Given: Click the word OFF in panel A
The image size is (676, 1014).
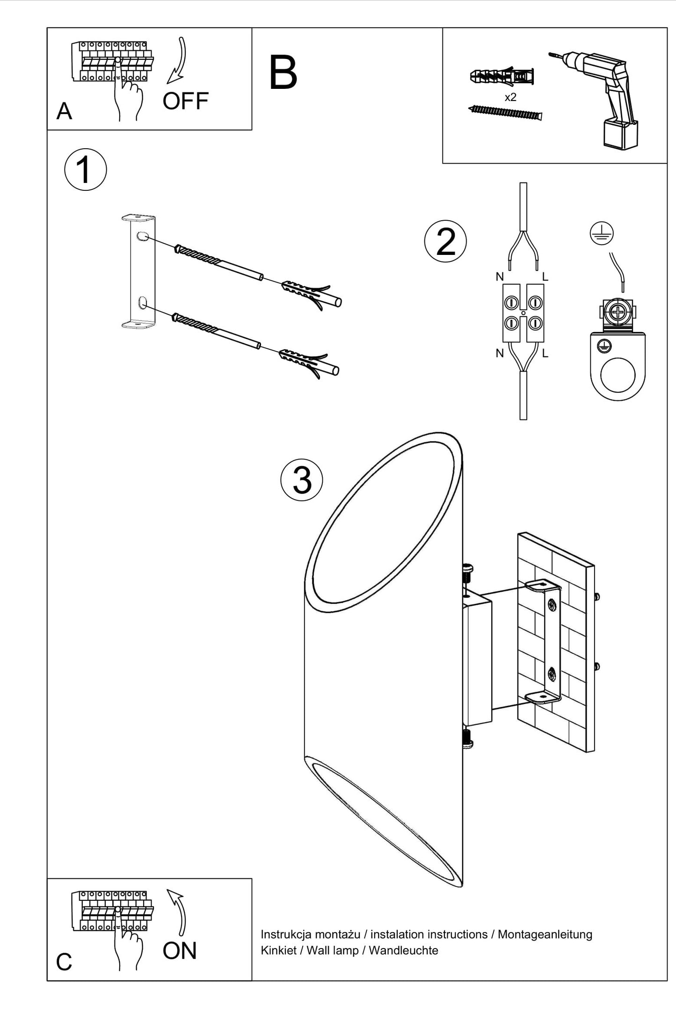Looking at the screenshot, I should pyautogui.click(x=185, y=101).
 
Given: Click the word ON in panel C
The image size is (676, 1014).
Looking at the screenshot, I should pyautogui.click(x=180, y=951).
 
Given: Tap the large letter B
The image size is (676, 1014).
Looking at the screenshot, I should pyautogui.click(x=283, y=73).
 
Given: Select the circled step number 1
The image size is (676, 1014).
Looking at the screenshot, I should pyautogui.click(x=85, y=170).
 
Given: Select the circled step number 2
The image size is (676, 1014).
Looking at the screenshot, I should pyautogui.click(x=445, y=241).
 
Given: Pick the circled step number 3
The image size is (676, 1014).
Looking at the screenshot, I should pyautogui.click(x=302, y=480).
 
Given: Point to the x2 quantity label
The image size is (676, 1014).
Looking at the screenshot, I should pyautogui.click(x=510, y=97).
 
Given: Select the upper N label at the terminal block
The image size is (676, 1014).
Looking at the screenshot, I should pyautogui.click(x=500, y=277).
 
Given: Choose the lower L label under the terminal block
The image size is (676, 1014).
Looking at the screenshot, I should pyautogui.click(x=545, y=354).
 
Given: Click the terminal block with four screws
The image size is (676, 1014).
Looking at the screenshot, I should pyautogui.click(x=523, y=312).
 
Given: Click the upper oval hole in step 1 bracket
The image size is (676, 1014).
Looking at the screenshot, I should pyautogui.click(x=141, y=237).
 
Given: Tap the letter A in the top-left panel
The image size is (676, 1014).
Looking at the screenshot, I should pyautogui.click(x=64, y=112).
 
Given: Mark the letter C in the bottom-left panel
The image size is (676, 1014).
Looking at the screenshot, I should pyautogui.click(x=64, y=962).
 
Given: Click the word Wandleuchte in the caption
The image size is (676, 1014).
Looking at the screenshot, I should pyautogui.click(x=403, y=950).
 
